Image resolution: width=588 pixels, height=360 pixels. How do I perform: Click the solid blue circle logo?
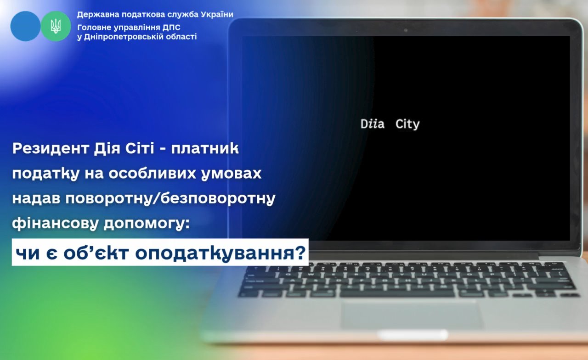[25, 26]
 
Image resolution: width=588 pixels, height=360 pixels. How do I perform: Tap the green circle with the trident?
[56, 26]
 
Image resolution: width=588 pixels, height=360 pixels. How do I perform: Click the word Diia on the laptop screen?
[373, 124]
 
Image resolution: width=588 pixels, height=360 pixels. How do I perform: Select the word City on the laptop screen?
[407, 124]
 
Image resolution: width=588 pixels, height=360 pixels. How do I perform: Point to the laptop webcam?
[406, 30]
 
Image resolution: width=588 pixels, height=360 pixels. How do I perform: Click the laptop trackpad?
[412, 315]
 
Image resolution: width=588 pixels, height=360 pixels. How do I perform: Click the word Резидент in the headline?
[51, 148]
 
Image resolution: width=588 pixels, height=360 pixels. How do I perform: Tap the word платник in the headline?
[205, 148]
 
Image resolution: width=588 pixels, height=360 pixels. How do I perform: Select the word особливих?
[152, 174]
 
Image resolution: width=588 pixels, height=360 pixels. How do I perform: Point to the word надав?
[36, 198]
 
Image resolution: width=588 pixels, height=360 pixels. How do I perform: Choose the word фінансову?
[55, 223]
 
